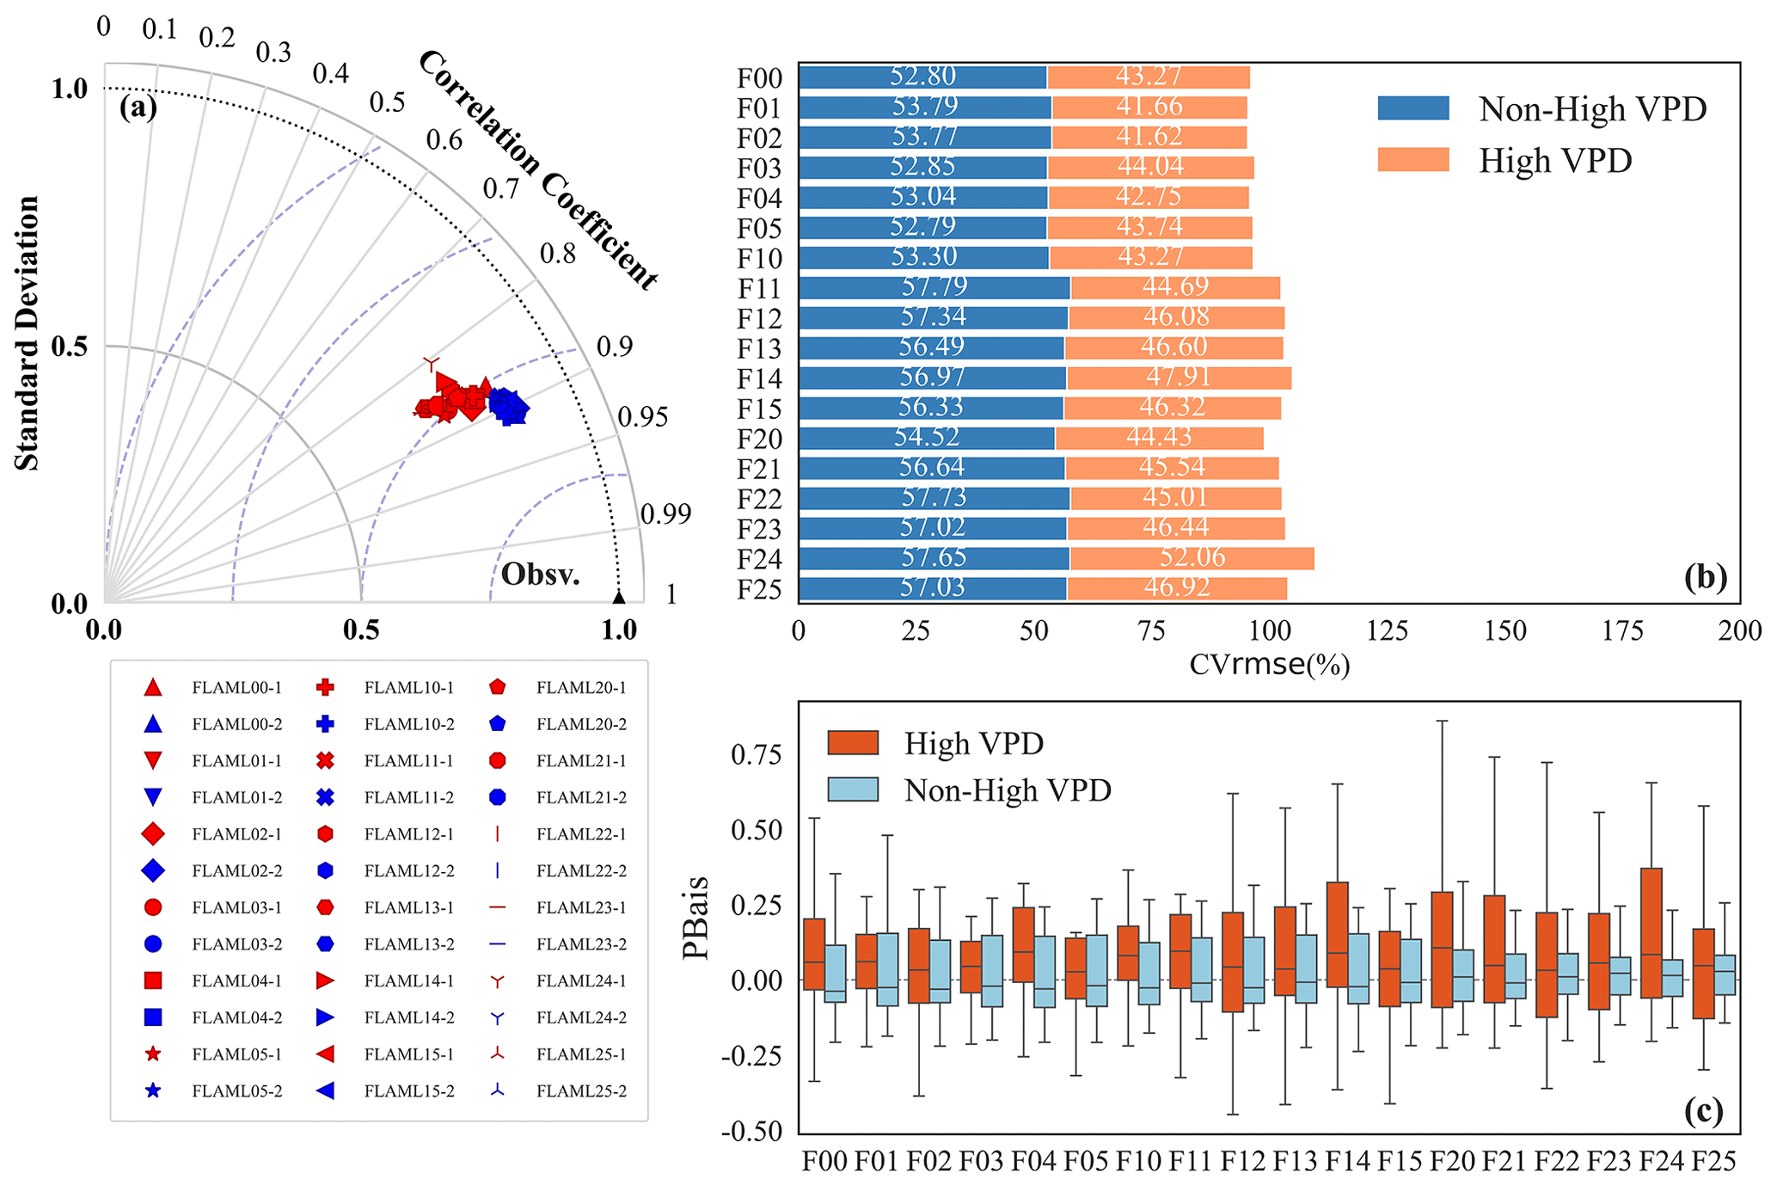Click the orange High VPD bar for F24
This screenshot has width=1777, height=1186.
tap(1192, 559)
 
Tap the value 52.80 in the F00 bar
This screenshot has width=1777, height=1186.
tap(922, 77)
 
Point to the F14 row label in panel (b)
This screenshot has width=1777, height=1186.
tap(759, 379)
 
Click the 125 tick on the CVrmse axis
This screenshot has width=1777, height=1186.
tap(1387, 632)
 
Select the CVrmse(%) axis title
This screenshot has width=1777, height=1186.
tap(1269, 665)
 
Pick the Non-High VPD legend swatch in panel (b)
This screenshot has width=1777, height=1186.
tap(1412, 108)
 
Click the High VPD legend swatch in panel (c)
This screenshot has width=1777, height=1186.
tap(852, 743)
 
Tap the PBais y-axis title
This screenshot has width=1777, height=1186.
tap(695, 917)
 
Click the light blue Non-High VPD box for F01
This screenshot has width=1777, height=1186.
tap(887, 969)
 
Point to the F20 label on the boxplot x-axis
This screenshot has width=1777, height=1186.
tap(1452, 1162)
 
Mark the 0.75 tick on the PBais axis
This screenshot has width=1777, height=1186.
tap(756, 755)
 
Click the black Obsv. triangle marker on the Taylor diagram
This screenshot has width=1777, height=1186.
tap(618, 597)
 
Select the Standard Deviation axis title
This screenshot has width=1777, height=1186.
tap(28, 334)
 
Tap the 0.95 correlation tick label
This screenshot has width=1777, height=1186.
tap(642, 417)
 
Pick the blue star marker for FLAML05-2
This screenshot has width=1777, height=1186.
tap(153, 1091)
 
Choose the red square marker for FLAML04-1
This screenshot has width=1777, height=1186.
tap(153, 981)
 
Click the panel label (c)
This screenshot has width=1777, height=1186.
tap(1703, 1111)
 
